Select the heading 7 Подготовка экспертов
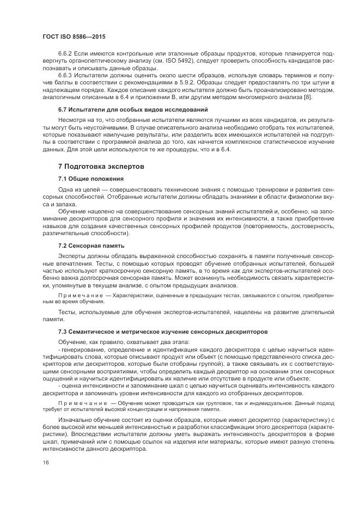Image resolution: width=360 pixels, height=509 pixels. (101, 166)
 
